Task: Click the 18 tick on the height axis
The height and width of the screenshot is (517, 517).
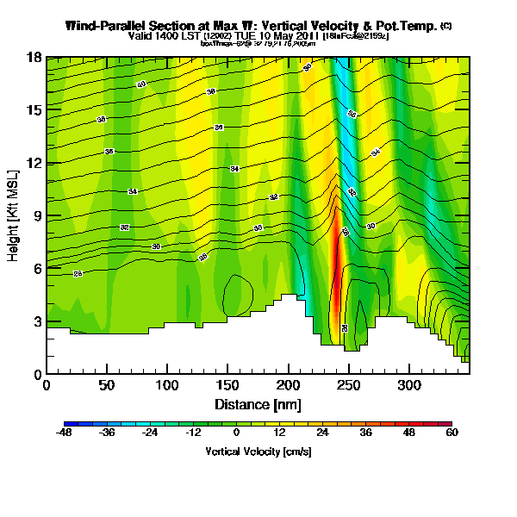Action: point(34,57)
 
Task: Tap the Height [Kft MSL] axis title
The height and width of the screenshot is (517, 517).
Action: point(15,215)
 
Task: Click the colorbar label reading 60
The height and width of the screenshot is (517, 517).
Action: point(452,433)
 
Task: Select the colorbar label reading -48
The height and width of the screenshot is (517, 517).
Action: point(65,433)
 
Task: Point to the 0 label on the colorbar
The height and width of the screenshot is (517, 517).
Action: point(236,433)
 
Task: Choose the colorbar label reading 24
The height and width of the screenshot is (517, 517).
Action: point(322,433)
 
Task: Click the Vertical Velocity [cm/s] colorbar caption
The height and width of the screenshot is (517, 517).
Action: point(258,452)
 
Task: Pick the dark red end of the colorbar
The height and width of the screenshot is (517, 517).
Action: point(446,423)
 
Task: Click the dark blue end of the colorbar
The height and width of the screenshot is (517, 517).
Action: point(70,423)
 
